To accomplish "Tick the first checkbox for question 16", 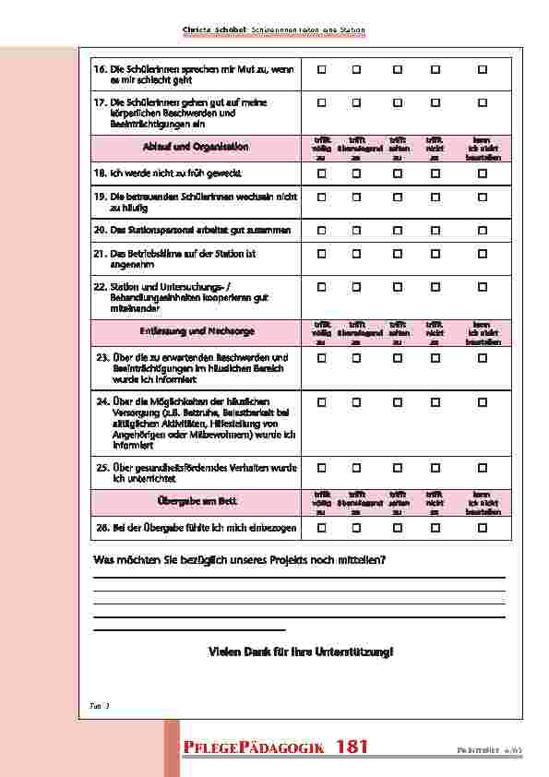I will click(x=322, y=70).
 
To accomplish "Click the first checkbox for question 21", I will click(x=322, y=253).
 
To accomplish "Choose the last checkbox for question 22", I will click(x=482, y=287).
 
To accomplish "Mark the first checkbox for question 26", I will click(x=322, y=527).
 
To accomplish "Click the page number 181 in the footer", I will click(x=352, y=747).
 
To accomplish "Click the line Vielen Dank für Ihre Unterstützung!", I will click(x=301, y=651).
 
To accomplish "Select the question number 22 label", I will click(x=100, y=287).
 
